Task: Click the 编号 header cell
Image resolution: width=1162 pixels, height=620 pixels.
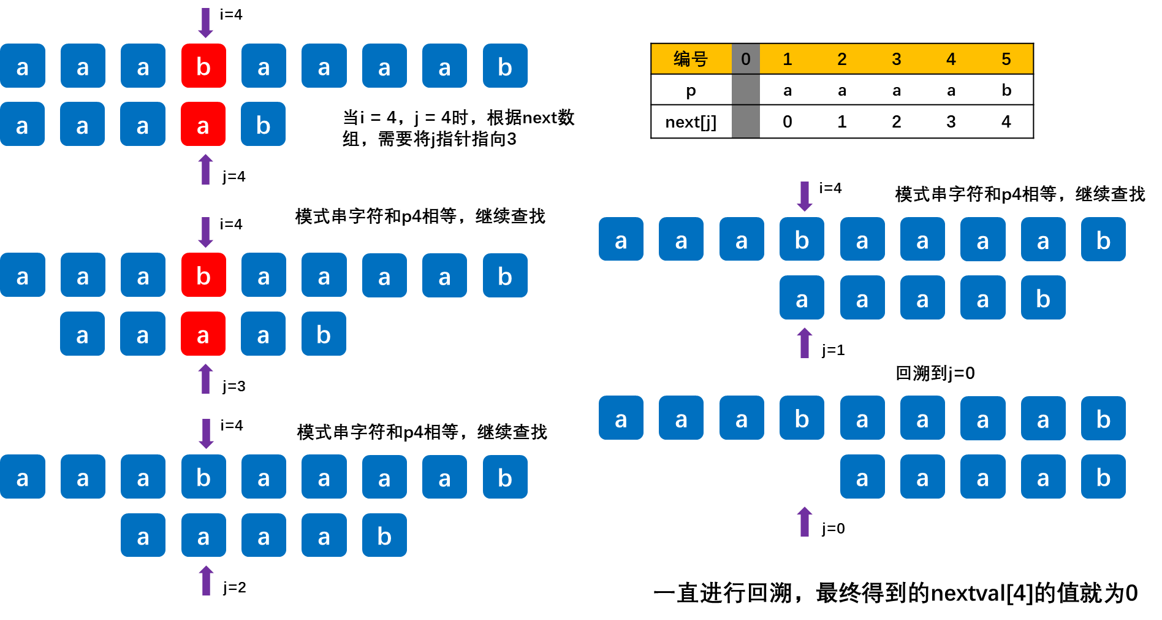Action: [x=691, y=59]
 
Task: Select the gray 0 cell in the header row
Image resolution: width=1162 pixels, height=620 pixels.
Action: [x=745, y=59]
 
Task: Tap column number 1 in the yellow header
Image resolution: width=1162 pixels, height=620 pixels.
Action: [x=788, y=59]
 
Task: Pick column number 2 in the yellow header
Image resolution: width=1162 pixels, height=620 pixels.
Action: [x=842, y=59]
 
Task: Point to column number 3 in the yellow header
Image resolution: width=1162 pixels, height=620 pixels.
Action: [x=897, y=59]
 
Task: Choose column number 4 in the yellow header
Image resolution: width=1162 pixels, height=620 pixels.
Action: [x=951, y=59]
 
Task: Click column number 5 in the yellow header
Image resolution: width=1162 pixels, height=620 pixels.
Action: [x=1006, y=59]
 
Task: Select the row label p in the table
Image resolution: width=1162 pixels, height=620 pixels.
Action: [x=691, y=90]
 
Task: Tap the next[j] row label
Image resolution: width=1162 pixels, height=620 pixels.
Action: [x=691, y=122]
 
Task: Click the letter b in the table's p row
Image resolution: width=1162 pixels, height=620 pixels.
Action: [x=1006, y=90]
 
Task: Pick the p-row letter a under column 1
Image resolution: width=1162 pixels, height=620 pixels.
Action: [x=788, y=91]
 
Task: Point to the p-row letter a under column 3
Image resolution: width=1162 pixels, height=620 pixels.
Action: [x=897, y=91]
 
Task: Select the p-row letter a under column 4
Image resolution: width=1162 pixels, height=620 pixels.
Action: [x=951, y=91]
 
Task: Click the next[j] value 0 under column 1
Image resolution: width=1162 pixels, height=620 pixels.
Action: [x=788, y=121]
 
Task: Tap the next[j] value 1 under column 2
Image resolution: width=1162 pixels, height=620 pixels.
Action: [x=842, y=121]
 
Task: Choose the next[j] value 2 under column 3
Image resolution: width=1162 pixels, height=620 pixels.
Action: [x=897, y=121]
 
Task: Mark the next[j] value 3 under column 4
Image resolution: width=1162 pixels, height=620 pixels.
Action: [x=951, y=121]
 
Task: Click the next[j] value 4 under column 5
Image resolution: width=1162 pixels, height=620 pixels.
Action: [x=1006, y=121]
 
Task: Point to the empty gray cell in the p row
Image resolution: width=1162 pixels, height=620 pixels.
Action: [x=745, y=90]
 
